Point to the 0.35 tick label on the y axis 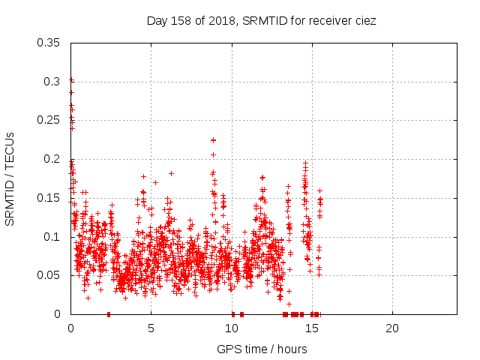[51, 43]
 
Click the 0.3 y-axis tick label [54, 82]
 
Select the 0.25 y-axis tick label [51, 120]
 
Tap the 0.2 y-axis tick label [54, 159]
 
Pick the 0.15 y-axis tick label [51, 198]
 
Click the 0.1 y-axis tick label [54, 237]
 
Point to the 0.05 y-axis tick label [51, 275]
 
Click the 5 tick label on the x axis [151, 328]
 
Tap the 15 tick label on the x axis [311, 328]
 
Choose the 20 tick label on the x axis [391, 328]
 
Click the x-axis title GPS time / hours [262, 349]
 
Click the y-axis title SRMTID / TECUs [10, 178]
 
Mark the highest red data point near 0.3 [71, 79]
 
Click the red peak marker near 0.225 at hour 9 [213, 140]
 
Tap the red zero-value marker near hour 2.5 [109, 314]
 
